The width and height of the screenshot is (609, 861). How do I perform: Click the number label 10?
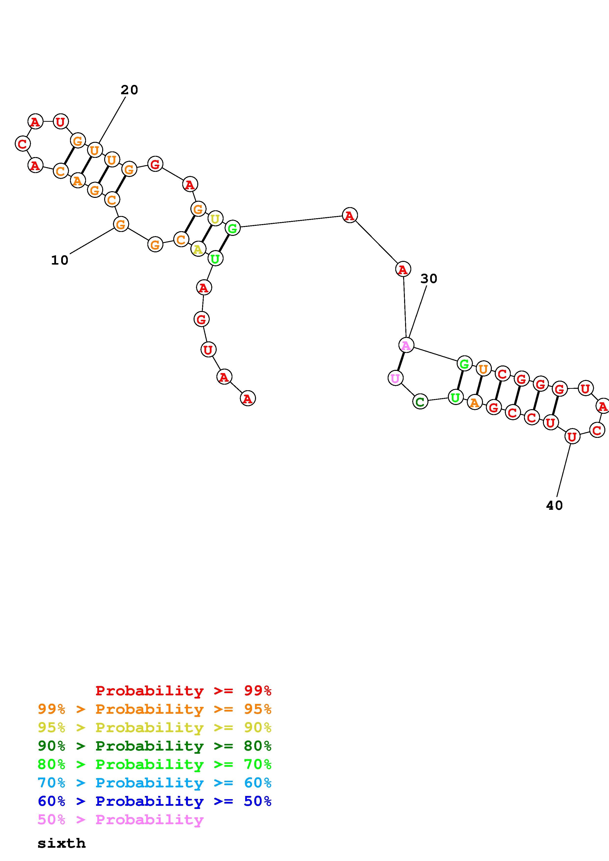coord(60,260)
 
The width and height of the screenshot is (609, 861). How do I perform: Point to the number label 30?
coord(428,278)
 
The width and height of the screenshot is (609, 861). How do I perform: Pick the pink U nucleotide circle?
coord(395,378)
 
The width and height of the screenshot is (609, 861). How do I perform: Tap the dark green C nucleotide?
coord(420,402)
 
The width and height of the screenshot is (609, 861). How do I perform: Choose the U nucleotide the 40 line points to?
coord(571,436)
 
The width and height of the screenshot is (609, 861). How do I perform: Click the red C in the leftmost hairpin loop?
coord(23,143)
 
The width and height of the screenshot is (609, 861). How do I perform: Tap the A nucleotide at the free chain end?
coord(247,398)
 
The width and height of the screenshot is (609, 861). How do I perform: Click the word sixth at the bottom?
coord(61,843)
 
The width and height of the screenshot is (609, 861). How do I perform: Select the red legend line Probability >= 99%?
coord(183,690)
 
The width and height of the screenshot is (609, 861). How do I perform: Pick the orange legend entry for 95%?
coord(155,709)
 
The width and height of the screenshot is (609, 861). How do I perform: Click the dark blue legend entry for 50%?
coord(155,801)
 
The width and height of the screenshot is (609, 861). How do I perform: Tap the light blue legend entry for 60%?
coord(155,783)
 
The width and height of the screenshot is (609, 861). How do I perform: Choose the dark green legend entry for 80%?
coord(155,746)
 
